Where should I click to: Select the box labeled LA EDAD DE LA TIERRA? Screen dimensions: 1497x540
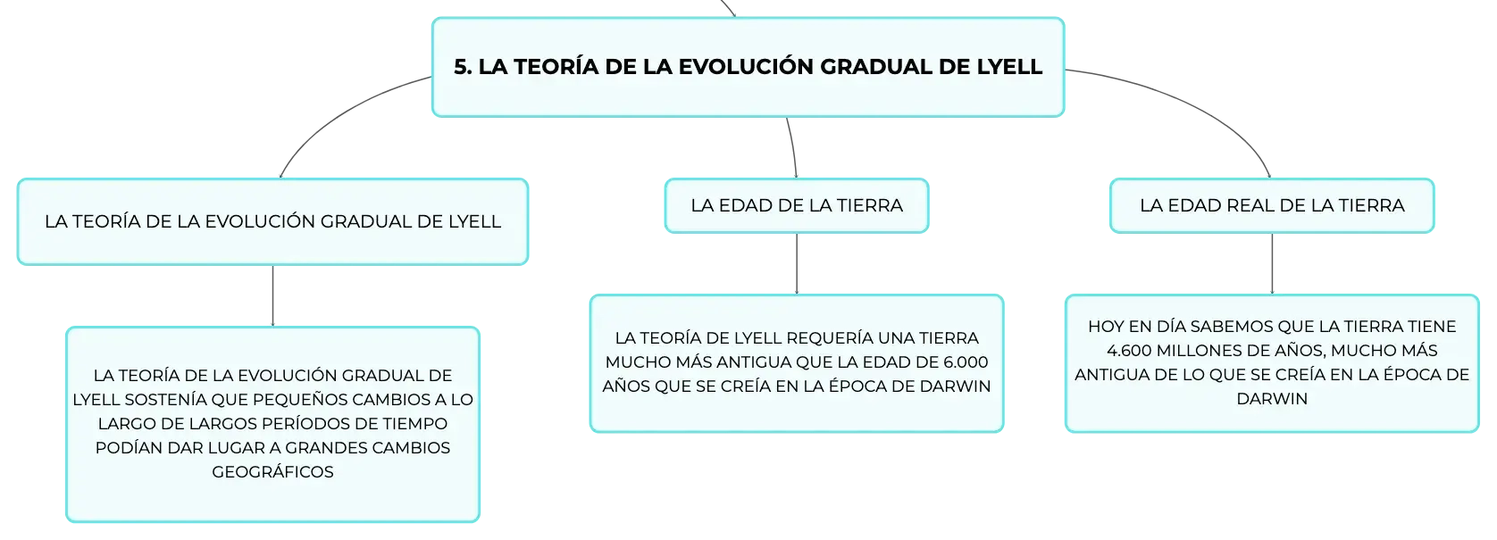[797, 205]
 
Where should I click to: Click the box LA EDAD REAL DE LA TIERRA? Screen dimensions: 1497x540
[1272, 205]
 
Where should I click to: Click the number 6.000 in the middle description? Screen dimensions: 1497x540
[965, 362]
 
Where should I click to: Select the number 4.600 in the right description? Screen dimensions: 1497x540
[1129, 351]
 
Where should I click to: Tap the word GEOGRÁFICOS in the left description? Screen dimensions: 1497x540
[272, 472]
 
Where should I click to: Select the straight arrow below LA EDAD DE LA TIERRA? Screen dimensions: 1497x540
[797, 263]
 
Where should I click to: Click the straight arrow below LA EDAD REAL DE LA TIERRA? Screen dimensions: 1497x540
[1272, 263]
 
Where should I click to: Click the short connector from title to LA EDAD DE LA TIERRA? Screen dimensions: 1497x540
[793, 147]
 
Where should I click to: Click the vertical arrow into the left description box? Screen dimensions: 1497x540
[272, 295]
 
